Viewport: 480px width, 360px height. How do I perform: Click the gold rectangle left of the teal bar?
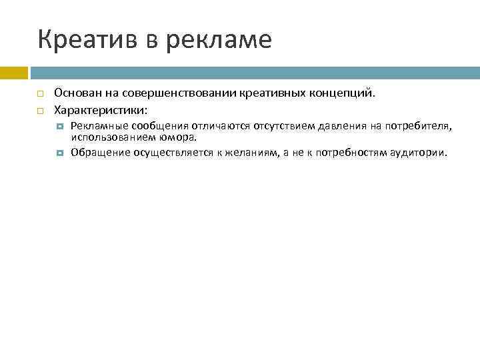pos(13,71)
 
